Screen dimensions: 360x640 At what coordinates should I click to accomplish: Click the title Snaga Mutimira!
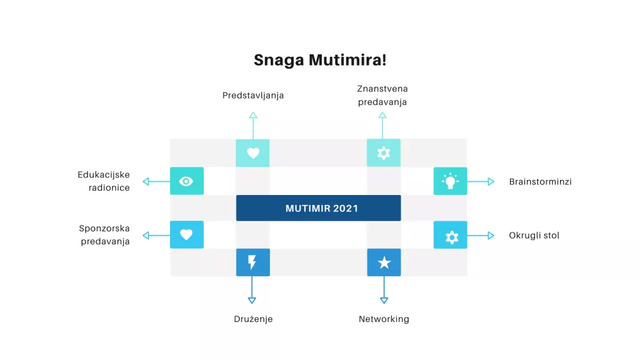pyautogui.click(x=320, y=60)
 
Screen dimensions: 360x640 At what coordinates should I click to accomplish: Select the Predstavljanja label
pyautogui.click(x=253, y=96)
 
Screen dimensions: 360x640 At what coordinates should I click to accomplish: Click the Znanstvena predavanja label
pyautogui.click(x=382, y=96)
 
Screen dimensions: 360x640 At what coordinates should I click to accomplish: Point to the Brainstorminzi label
pyautogui.click(x=540, y=182)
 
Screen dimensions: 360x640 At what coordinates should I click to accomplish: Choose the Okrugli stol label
pyautogui.click(x=534, y=236)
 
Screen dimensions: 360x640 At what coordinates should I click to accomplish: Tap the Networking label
pyautogui.click(x=384, y=319)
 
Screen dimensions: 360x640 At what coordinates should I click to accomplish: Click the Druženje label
pyautogui.click(x=253, y=319)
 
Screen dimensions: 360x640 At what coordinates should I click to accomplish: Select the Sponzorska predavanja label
pyautogui.click(x=104, y=235)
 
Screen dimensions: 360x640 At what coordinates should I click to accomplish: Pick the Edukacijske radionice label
pyautogui.click(x=104, y=181)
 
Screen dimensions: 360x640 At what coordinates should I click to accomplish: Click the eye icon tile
pyautogui.click(x=186, y=181)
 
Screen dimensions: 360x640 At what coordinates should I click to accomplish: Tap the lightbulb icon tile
pyautogui.click(x=450, y=181)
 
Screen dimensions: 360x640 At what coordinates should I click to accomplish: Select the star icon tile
pyautogui.click(x=384, y=262)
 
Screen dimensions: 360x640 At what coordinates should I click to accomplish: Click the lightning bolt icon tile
pyautogui.click(x=252, y=262)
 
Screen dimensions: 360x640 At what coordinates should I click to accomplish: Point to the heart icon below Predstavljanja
pyautogui.click(x=252, y=153)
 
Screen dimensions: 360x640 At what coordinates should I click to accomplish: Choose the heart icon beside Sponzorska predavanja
pyautogui.click(x=186, y=235)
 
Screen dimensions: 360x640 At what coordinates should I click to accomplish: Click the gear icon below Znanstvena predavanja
pyautogui.click(x=384, y=153)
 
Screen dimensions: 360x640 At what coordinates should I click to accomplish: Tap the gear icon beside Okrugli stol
pyautogui.click(x=450, y=236)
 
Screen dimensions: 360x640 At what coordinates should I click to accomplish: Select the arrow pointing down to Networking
pyautogui.click(x=384, y=290)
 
